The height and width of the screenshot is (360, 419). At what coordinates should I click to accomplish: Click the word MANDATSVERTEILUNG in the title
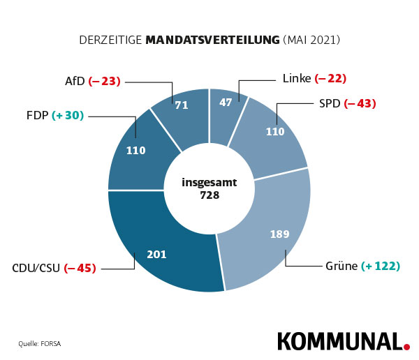coord(212,40)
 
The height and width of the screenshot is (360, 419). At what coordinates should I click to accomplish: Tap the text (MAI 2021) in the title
coord(311,40)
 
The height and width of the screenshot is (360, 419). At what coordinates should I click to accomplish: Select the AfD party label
coord(75,81)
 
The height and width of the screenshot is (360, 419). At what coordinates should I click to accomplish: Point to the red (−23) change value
coord(105,81)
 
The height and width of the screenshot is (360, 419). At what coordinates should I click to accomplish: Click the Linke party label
coord(297,78)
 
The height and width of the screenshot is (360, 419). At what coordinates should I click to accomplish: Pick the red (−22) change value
coord(330,78)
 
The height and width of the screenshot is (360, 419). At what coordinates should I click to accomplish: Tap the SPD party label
coord(329,103)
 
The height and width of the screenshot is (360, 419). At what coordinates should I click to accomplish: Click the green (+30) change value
coord(68,115)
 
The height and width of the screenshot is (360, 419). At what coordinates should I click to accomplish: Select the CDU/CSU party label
coord(36,267)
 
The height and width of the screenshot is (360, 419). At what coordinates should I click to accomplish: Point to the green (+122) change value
coord(381,266)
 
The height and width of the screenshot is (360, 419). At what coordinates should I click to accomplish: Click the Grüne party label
coord(341,266)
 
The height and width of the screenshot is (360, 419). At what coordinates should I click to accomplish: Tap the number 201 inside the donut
coord(156,254)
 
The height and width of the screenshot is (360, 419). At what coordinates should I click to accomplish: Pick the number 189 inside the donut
coord(279,234)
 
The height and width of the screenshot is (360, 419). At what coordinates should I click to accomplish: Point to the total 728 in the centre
coord(209,195)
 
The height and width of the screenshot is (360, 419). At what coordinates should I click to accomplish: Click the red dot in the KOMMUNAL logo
coord(406,345)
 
